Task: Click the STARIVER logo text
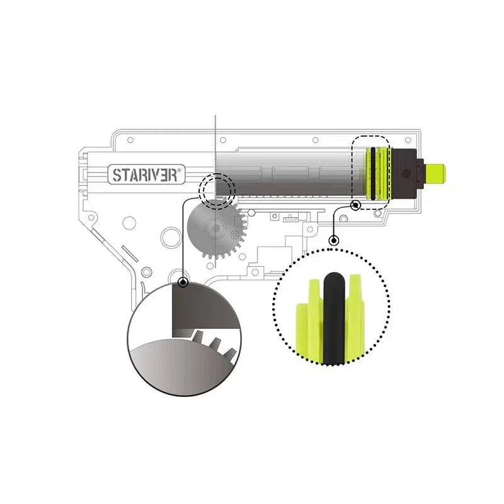145,175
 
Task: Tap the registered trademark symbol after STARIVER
180,170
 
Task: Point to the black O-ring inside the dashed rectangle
373,174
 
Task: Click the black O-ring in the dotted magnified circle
335,318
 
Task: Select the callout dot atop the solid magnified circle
183,282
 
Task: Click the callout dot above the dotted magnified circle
335,240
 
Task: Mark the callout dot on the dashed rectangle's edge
355,205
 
